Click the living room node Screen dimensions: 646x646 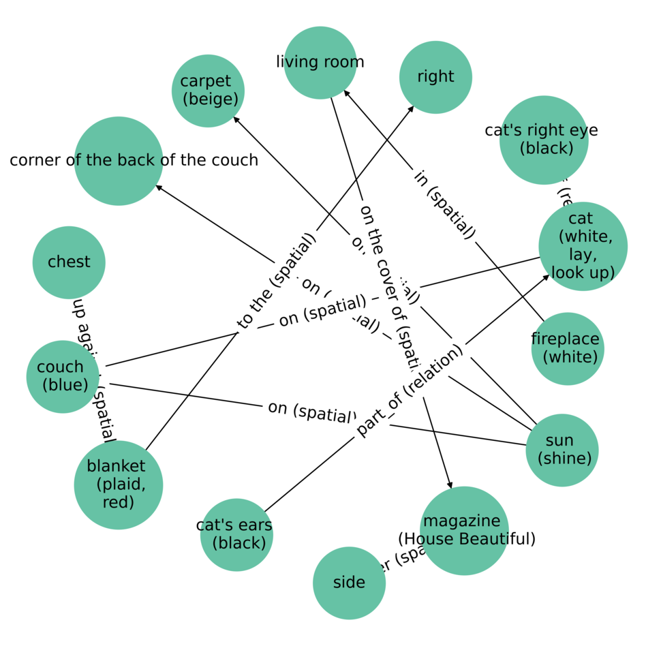[320, 63]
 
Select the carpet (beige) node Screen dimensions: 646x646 [208, 91]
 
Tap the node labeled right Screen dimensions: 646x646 [435, 77]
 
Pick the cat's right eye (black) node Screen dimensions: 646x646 [544, 140]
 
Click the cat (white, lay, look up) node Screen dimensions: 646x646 [583, 246]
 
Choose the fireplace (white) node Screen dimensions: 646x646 [568, 348]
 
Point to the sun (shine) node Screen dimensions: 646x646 [562, 450]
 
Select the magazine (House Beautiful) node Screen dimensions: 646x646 [465, 530]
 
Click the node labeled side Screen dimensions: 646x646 [349, 583]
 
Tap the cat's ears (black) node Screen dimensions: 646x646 [236, 534]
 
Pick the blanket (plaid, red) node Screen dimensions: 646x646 [119, 484]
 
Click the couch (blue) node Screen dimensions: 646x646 [63, 376]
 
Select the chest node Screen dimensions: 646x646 [69, 262]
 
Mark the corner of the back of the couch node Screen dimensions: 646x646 [119, 161]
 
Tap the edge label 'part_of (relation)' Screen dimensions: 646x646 [409, 390]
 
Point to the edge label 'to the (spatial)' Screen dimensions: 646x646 [277, 281]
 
